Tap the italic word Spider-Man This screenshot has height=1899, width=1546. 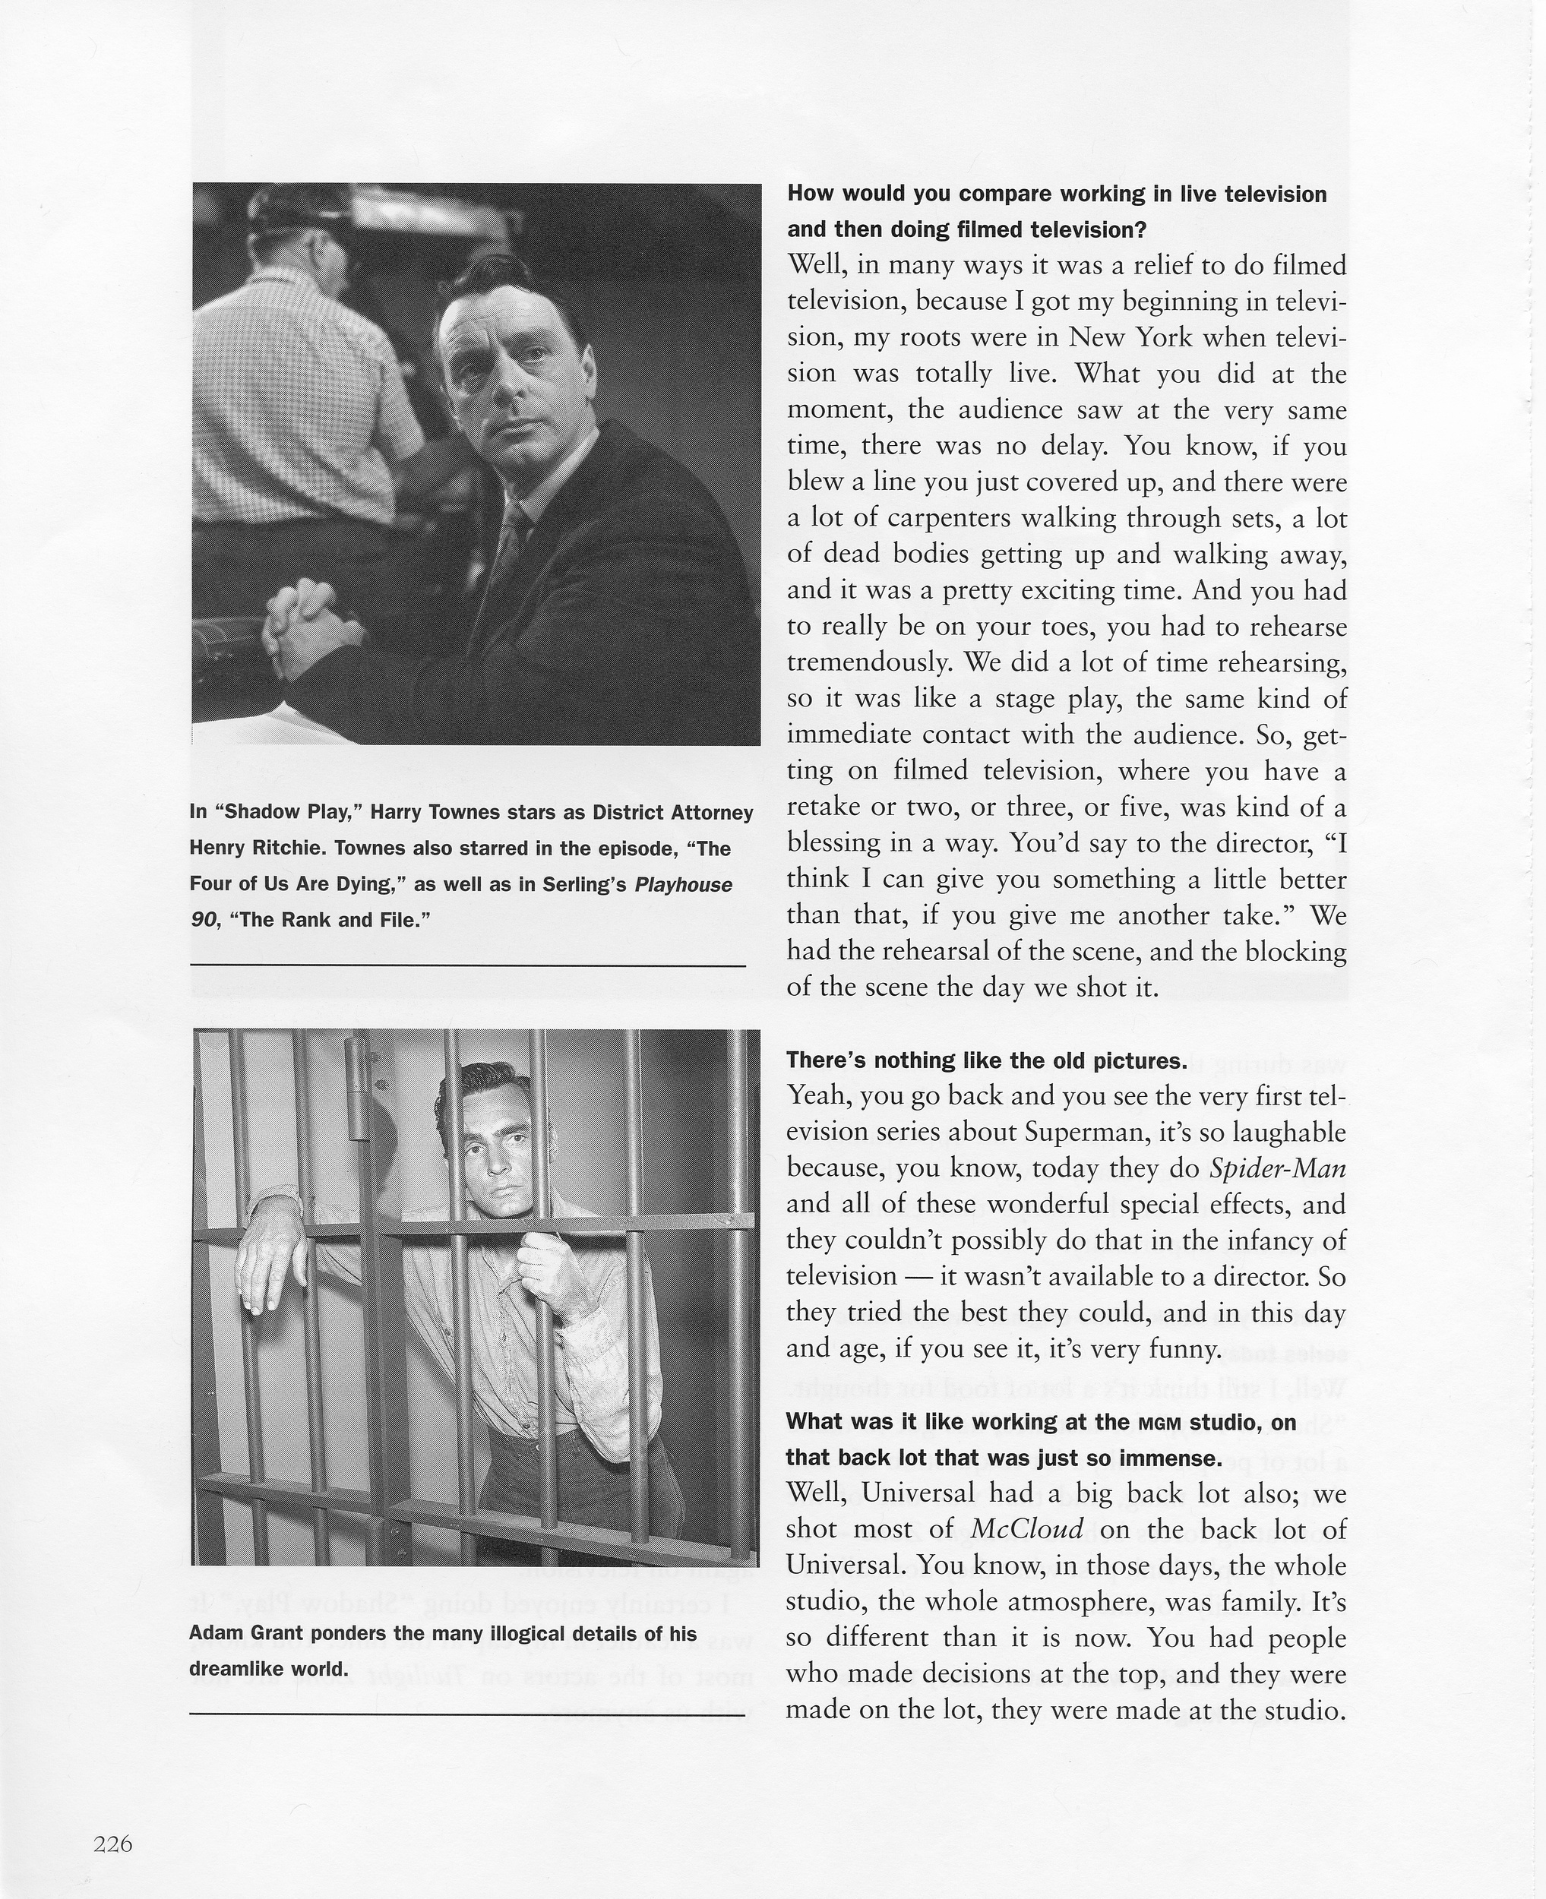point(1278,1168)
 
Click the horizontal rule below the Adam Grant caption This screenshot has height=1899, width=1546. point(467,1714)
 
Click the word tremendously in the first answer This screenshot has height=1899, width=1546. point(868,663)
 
